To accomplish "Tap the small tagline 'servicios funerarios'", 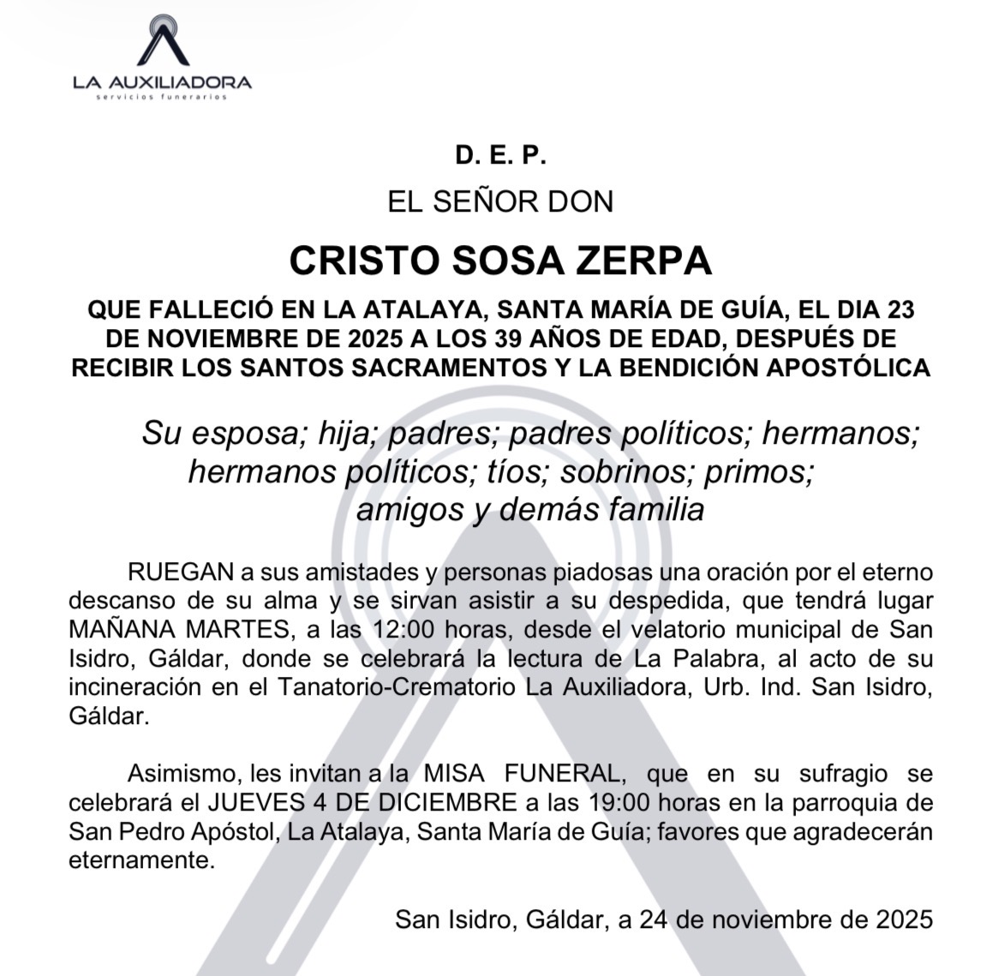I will click(162, 98).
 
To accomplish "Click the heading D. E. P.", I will click(500, 156).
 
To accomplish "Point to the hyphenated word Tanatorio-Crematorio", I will click(386, 687).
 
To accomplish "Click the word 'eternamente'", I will click(141, 860).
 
